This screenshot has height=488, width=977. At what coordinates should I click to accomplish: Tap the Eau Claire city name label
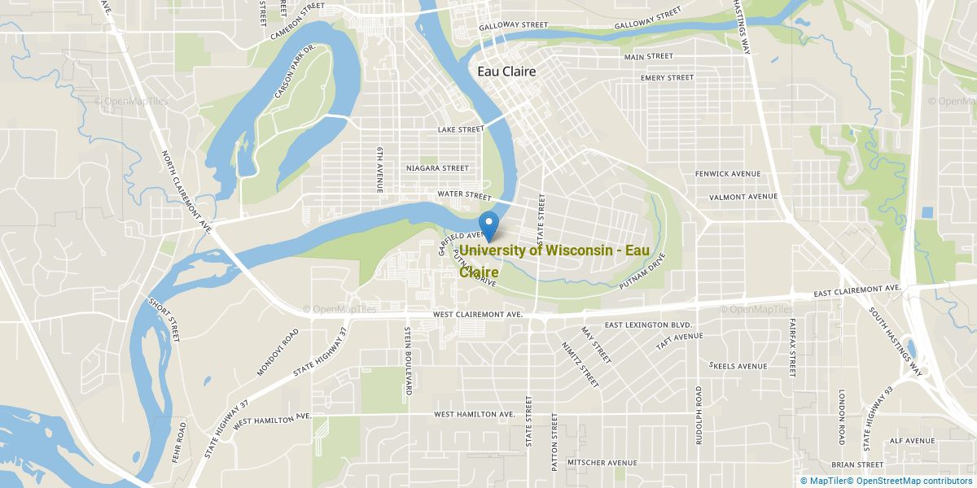pyautogui.click(x=506, y=72)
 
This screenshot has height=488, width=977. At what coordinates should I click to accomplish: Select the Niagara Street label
pyautogui.click(x=437, y=168)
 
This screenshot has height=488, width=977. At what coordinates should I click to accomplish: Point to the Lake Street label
pyautogui.click(x=460, y=129)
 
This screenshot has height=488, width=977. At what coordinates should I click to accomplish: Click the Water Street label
pyautogui.click(x=463, y=196)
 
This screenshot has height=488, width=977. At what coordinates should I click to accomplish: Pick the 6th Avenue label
pyautogui.click(x=379, y=170)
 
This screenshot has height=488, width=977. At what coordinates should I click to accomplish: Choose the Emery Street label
pyautogui.click(x=667, y=78)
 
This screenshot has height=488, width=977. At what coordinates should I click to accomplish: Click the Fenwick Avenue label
pyautogui.click(x=727, y=174)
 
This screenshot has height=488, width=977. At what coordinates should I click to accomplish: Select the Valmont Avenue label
pyautogui.click(x=743, y=197)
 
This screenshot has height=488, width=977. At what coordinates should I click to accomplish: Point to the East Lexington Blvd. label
pyautogui.click(x=647, y=325)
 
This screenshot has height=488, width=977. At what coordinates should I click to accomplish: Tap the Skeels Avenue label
pyautogui.click(x=738, y=366)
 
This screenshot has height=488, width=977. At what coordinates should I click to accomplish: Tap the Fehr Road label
pyautogui.click(x=179, y=442)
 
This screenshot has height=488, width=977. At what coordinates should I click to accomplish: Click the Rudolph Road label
pyautogui.click(x=699, y=415)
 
